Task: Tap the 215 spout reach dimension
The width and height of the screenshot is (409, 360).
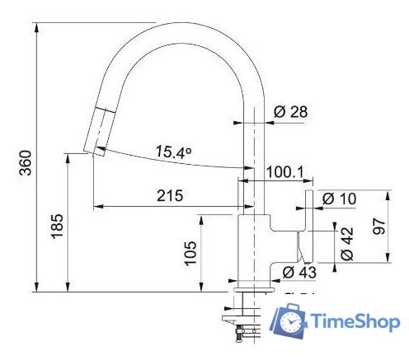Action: coord(168,195)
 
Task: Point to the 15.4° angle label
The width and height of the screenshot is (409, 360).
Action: coord(174,152)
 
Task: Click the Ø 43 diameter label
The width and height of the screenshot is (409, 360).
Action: coord(299,272)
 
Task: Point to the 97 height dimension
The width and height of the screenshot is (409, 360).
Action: coord(380,227)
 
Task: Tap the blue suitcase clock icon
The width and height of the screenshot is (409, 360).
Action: coord(290,320)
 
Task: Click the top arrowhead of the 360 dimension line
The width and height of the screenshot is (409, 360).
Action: coord(37,26)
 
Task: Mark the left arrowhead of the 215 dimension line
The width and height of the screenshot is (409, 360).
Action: coord(97,205)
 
